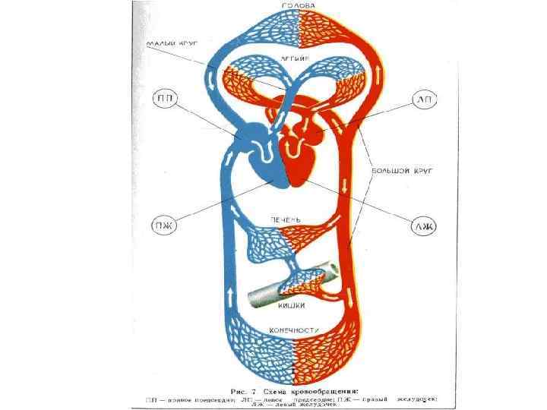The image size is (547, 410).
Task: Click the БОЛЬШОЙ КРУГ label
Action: (x=402, y=172)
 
